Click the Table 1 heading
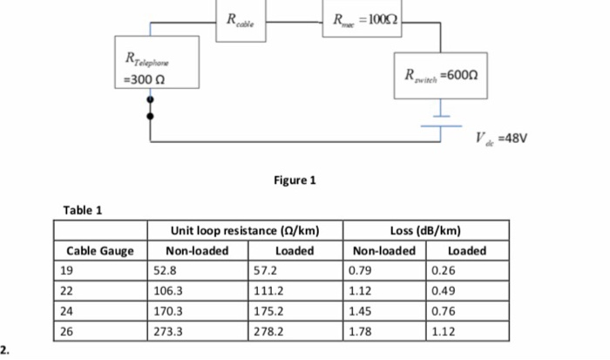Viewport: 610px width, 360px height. [x=83, y=210]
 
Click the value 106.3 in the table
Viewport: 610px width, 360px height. [x=168, y=290]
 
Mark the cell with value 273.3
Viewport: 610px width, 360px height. [x=168, y=330]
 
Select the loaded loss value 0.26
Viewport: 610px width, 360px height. [x=444, y=270]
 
